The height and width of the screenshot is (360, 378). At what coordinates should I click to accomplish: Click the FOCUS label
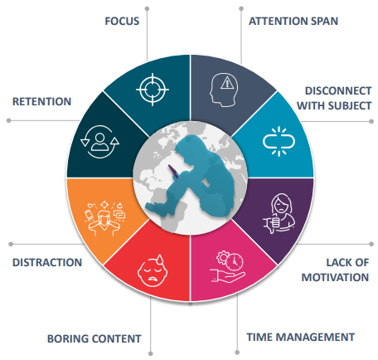tap(122, 22)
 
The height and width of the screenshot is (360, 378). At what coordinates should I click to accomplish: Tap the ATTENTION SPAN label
tap(293, 22)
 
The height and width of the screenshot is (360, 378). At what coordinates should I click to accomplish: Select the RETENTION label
tap(41, 101)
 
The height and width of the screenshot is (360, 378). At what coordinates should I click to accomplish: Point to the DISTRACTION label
tap(47, 262)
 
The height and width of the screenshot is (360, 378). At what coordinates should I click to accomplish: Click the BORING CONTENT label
tap(94, 338)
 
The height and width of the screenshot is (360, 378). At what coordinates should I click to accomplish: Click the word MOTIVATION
tap(335, 277)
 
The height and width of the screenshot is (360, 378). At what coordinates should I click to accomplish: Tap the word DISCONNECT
tap(338, 90)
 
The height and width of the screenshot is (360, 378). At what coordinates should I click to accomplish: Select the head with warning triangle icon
tap(224, 90)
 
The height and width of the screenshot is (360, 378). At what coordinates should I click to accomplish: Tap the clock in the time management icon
tap(235, 261)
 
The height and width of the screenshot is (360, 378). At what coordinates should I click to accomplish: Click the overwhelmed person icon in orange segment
tap(104, 218)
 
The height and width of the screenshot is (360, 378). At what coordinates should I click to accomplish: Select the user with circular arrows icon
tap(99, 142)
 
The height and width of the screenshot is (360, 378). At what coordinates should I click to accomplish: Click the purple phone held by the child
tap(174, 172)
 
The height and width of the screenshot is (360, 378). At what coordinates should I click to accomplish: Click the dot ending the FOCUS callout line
tap(147, 9)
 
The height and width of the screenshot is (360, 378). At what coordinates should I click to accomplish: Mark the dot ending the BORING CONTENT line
tap(151, 353)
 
